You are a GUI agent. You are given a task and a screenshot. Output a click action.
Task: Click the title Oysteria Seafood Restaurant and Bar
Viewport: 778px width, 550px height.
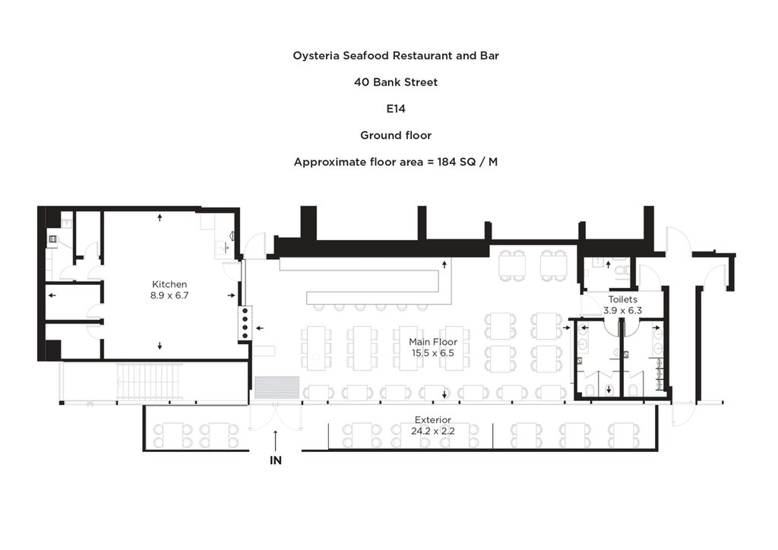[395, 55]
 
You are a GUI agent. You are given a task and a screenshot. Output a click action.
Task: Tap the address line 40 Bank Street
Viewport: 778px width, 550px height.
[395, 82]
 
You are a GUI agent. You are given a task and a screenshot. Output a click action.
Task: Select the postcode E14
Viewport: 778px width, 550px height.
[395, 109]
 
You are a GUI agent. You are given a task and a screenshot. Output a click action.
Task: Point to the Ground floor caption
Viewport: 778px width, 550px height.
[395, 135]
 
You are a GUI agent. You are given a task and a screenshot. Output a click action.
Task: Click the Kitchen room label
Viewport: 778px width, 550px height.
[169, 284]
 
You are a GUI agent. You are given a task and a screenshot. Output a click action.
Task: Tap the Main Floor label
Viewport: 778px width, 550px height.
[433, 342]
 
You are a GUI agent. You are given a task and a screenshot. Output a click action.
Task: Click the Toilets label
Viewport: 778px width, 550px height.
[622, 299]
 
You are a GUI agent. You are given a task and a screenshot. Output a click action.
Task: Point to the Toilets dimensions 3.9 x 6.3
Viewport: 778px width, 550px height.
[622, 310]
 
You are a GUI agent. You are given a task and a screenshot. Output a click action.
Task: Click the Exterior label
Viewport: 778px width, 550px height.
[433, 419]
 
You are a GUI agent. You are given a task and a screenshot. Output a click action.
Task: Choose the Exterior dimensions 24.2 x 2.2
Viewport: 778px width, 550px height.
[433, 430]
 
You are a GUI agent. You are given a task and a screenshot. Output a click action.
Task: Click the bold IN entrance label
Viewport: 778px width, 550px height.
[275, 460]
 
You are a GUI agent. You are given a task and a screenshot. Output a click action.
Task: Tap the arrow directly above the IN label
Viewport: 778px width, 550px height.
[275, 436]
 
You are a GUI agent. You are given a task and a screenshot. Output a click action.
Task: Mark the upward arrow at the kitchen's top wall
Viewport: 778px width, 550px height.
[160, 217]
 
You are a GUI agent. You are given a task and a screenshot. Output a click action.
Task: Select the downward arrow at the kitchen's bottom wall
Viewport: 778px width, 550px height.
[160, 346]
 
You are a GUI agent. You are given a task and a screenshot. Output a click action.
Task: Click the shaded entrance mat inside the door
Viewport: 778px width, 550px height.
[277, 387]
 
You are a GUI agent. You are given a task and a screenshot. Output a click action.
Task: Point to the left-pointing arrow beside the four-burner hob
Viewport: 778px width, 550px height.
[259, 328]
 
